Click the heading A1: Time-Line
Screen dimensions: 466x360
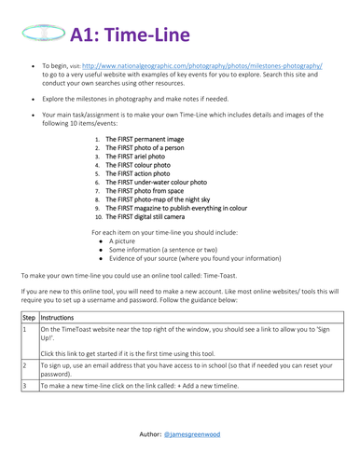(x=131, y=34)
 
